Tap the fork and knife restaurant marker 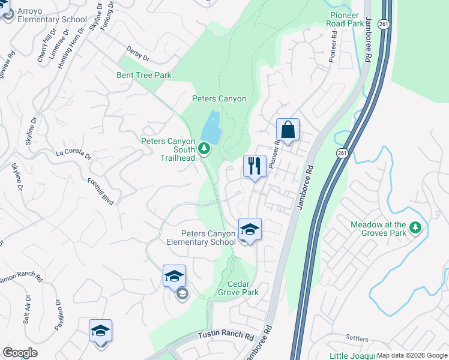[x=255, y=166]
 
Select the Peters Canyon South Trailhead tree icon [x=204, y=148]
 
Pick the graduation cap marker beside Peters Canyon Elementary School [x=250, y=229]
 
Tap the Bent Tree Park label [x=144, y=75]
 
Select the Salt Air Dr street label [x=27, y=310]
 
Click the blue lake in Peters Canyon [x=211, y=127]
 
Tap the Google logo [x=20, y=353]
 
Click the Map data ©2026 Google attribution [x=412, y=355]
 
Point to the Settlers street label [x=357, y=338]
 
